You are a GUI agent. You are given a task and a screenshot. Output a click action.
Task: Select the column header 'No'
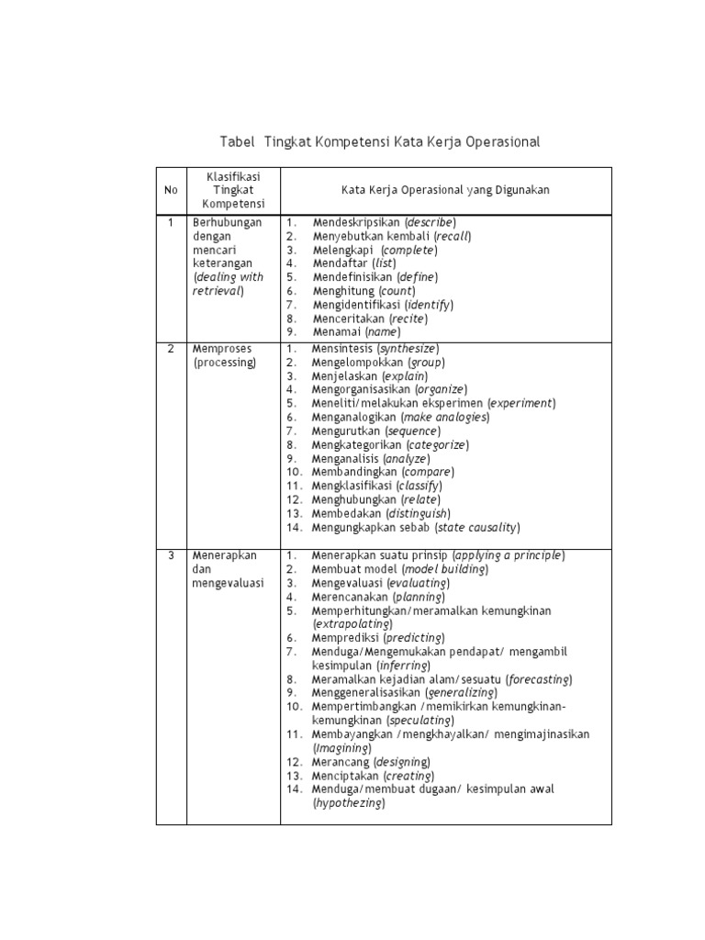pyautogui.click(x=171, y=190)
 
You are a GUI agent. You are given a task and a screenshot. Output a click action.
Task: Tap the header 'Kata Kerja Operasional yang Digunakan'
pyautogui.click(x=445, y=190)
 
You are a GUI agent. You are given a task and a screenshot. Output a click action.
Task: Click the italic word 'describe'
pyautogui.click(x=431, y=222)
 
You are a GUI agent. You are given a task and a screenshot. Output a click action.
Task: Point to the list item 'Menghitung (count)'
pyautogui.click(x=364, y=290)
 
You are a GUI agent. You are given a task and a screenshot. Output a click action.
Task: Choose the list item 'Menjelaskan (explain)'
pyautogui.click(x=370, y=376)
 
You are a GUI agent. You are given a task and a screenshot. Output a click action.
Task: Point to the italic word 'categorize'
pyautogui.click(x=438, y=444)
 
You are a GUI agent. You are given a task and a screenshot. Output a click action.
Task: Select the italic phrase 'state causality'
pyautogui.click(x=477, y=527)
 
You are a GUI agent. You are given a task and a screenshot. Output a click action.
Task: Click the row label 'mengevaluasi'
pyautogui.click(x=229, y=583)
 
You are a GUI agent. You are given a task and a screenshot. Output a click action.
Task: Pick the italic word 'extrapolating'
pyautogui.click(x=353, y=623)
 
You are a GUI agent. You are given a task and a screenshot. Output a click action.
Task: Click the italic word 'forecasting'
pyautogui.click(x=538, y=678)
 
